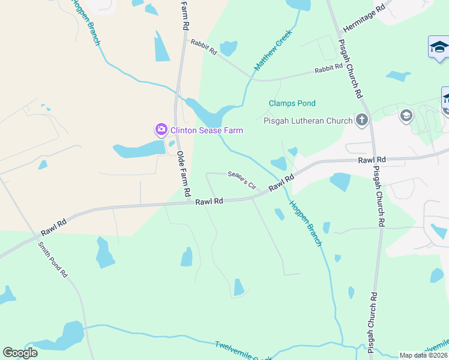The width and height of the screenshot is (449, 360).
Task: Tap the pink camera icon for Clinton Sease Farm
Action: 161,129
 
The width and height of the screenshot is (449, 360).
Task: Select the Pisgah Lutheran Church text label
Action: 308,121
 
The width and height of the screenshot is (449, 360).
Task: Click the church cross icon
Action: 361,120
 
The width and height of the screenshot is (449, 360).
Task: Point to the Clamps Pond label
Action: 292,104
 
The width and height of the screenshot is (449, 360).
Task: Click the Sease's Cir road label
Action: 242,179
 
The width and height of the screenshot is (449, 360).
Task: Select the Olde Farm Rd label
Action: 183,175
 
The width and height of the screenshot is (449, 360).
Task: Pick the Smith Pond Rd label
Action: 53,259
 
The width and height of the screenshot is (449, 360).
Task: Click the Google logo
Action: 20,353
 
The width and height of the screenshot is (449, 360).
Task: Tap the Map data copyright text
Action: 424,355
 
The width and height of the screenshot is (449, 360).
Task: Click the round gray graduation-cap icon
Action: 406,115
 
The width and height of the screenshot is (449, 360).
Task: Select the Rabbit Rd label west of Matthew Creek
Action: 203,47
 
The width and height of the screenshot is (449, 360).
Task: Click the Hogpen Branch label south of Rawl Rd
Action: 306,223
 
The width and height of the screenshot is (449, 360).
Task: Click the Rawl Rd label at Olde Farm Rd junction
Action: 209,202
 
